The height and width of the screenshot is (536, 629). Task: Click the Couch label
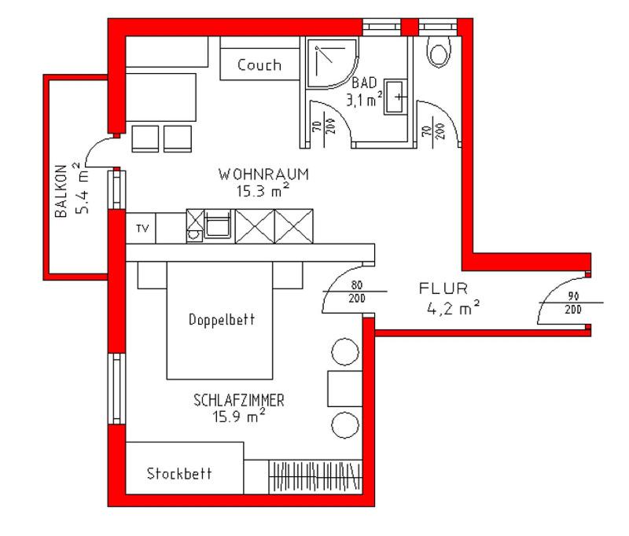[x=259, y=65]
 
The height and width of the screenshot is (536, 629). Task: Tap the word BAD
[x=364, y=83]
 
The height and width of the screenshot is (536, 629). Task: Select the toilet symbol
[x=438, y=52]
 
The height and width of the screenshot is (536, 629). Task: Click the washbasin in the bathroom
[x=397, y=97]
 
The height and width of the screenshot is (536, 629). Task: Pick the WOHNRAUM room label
[x=263, y=174]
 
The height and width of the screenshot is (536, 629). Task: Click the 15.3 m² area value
[x=263, y=189]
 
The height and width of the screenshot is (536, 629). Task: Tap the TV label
[x=142, y=229]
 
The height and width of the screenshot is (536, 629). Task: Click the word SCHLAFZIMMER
[x=239, y=401]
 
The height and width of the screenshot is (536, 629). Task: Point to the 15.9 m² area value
[x=238, y=416]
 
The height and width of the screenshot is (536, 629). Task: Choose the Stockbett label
[x=179, y=475]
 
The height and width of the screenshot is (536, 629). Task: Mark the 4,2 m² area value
[x=454, y=309]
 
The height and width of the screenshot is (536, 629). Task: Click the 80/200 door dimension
[x=356, y=291]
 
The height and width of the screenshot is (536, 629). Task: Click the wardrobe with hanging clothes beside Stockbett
[x=317, y=475]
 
